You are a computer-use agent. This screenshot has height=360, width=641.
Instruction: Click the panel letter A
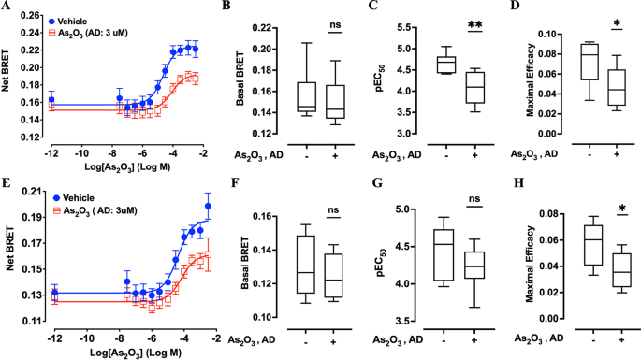pyautogui.click(x=7, y=7)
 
